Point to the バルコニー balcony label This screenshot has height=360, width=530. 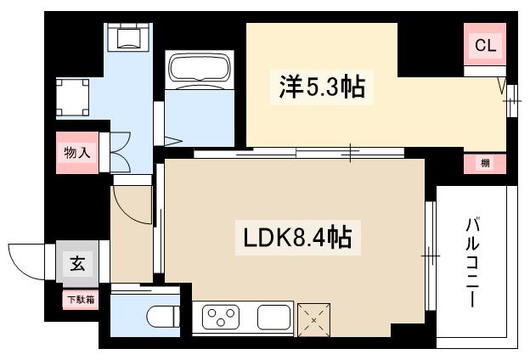click(x=471, y=263)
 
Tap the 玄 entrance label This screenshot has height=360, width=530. click(x=77, y=265)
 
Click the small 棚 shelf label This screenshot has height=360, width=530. click(x=485, y=163)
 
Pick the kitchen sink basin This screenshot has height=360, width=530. click(x=274, y=318)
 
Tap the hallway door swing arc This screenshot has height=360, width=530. click(x=134, y=204)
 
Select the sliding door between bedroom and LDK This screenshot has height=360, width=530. click(x=297, y=154)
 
